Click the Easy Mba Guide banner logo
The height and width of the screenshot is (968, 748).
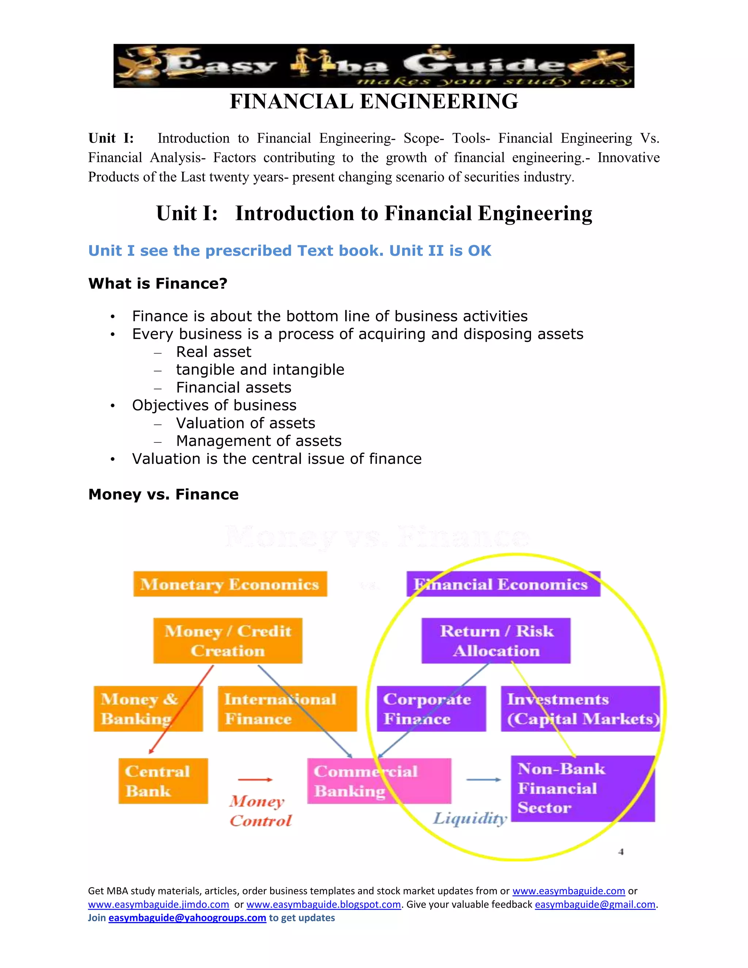click(374, 66)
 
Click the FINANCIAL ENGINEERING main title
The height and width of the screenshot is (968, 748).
click(374, 102)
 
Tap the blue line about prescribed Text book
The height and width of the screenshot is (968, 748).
click(289, 251)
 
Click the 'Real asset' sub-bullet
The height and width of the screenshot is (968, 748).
click(213, 352)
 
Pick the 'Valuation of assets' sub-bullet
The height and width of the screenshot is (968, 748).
click(245, 423)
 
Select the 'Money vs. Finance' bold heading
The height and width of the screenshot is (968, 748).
click(163, 494)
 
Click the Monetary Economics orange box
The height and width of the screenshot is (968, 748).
click(230, 584)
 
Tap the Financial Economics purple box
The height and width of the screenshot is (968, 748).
click(503, 584)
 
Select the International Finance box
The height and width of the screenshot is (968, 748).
click(287, 709)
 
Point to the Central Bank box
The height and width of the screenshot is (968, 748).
click(163, 781)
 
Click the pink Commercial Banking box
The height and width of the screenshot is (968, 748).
click(379, 781)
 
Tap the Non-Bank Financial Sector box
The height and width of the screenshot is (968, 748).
click(582, 789)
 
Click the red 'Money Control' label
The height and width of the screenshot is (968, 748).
click(260, 811)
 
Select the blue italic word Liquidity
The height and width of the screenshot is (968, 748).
click(470, 818)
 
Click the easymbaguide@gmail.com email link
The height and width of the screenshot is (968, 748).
click(595, 904)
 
